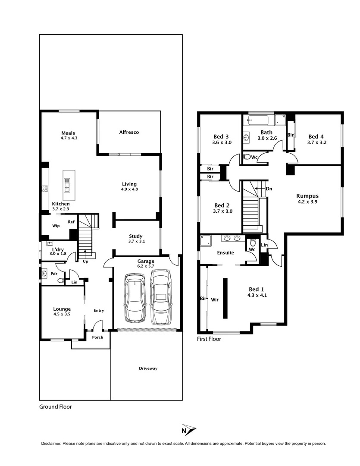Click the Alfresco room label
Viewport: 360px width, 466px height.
click(x=129, y=132)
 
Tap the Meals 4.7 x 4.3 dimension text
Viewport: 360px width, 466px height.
click(x=69, y=138)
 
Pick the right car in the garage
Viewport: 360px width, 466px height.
click(x=161, y=297)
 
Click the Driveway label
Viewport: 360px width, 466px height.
click(x=148, y=368)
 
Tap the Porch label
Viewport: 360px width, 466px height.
click(x=98, y=337)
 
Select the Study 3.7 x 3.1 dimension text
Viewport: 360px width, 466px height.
click(x=137, y=241)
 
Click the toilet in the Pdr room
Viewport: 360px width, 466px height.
click(x=60, y=281)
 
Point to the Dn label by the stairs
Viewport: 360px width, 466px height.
click(x=269, y=189)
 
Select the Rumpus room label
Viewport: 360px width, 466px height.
click(x=308, y=196)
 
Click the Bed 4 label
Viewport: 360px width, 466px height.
click(x=316, y=136)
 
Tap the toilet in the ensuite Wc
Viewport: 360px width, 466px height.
click(x=253, y=242)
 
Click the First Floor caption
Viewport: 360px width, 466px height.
click(x=209, y=339)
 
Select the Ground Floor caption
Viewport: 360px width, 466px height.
click(x=55, y=406)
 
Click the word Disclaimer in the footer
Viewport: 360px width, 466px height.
click(x=51, y=444)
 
